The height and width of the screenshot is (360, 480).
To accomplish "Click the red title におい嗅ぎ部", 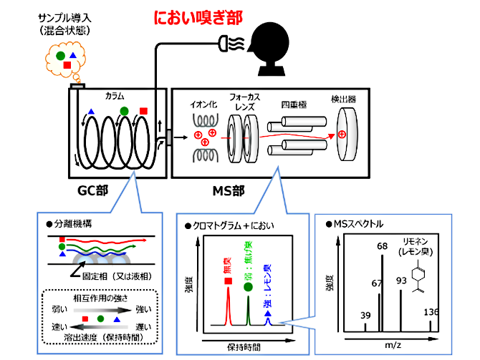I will pyautogui.click(x=198, y=16).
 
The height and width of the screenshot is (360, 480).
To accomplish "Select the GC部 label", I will pyautogui.click(x=95, y=191).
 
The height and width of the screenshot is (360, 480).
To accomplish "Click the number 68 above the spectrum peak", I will pyautogui.click(x=382, y=245).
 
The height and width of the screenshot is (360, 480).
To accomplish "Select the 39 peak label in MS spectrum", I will pyautogui.click(x=365, y=314).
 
